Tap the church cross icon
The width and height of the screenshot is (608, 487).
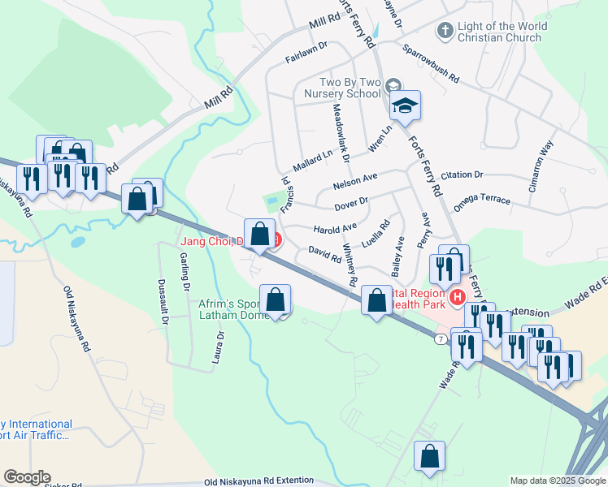445,32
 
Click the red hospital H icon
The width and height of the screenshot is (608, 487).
457,298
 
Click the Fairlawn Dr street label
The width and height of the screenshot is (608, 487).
306,53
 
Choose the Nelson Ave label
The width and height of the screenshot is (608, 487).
355,181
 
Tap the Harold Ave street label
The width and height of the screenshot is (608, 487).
335,228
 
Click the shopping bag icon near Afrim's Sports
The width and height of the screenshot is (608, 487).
276,300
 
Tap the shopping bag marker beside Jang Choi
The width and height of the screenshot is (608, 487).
259,234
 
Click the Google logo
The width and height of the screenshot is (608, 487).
26,477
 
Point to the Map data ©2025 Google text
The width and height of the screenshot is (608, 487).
558,481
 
